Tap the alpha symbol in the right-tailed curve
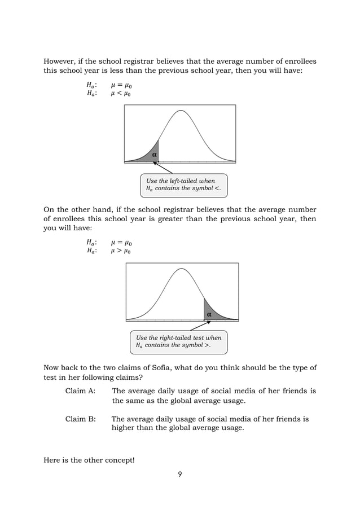point(209,313)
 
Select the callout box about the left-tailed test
point(183,185)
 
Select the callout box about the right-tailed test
point(178,341)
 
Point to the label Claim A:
point(80,391)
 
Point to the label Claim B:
point(80,419)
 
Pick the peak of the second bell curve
point(182,269)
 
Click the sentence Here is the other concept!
point(89,460)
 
